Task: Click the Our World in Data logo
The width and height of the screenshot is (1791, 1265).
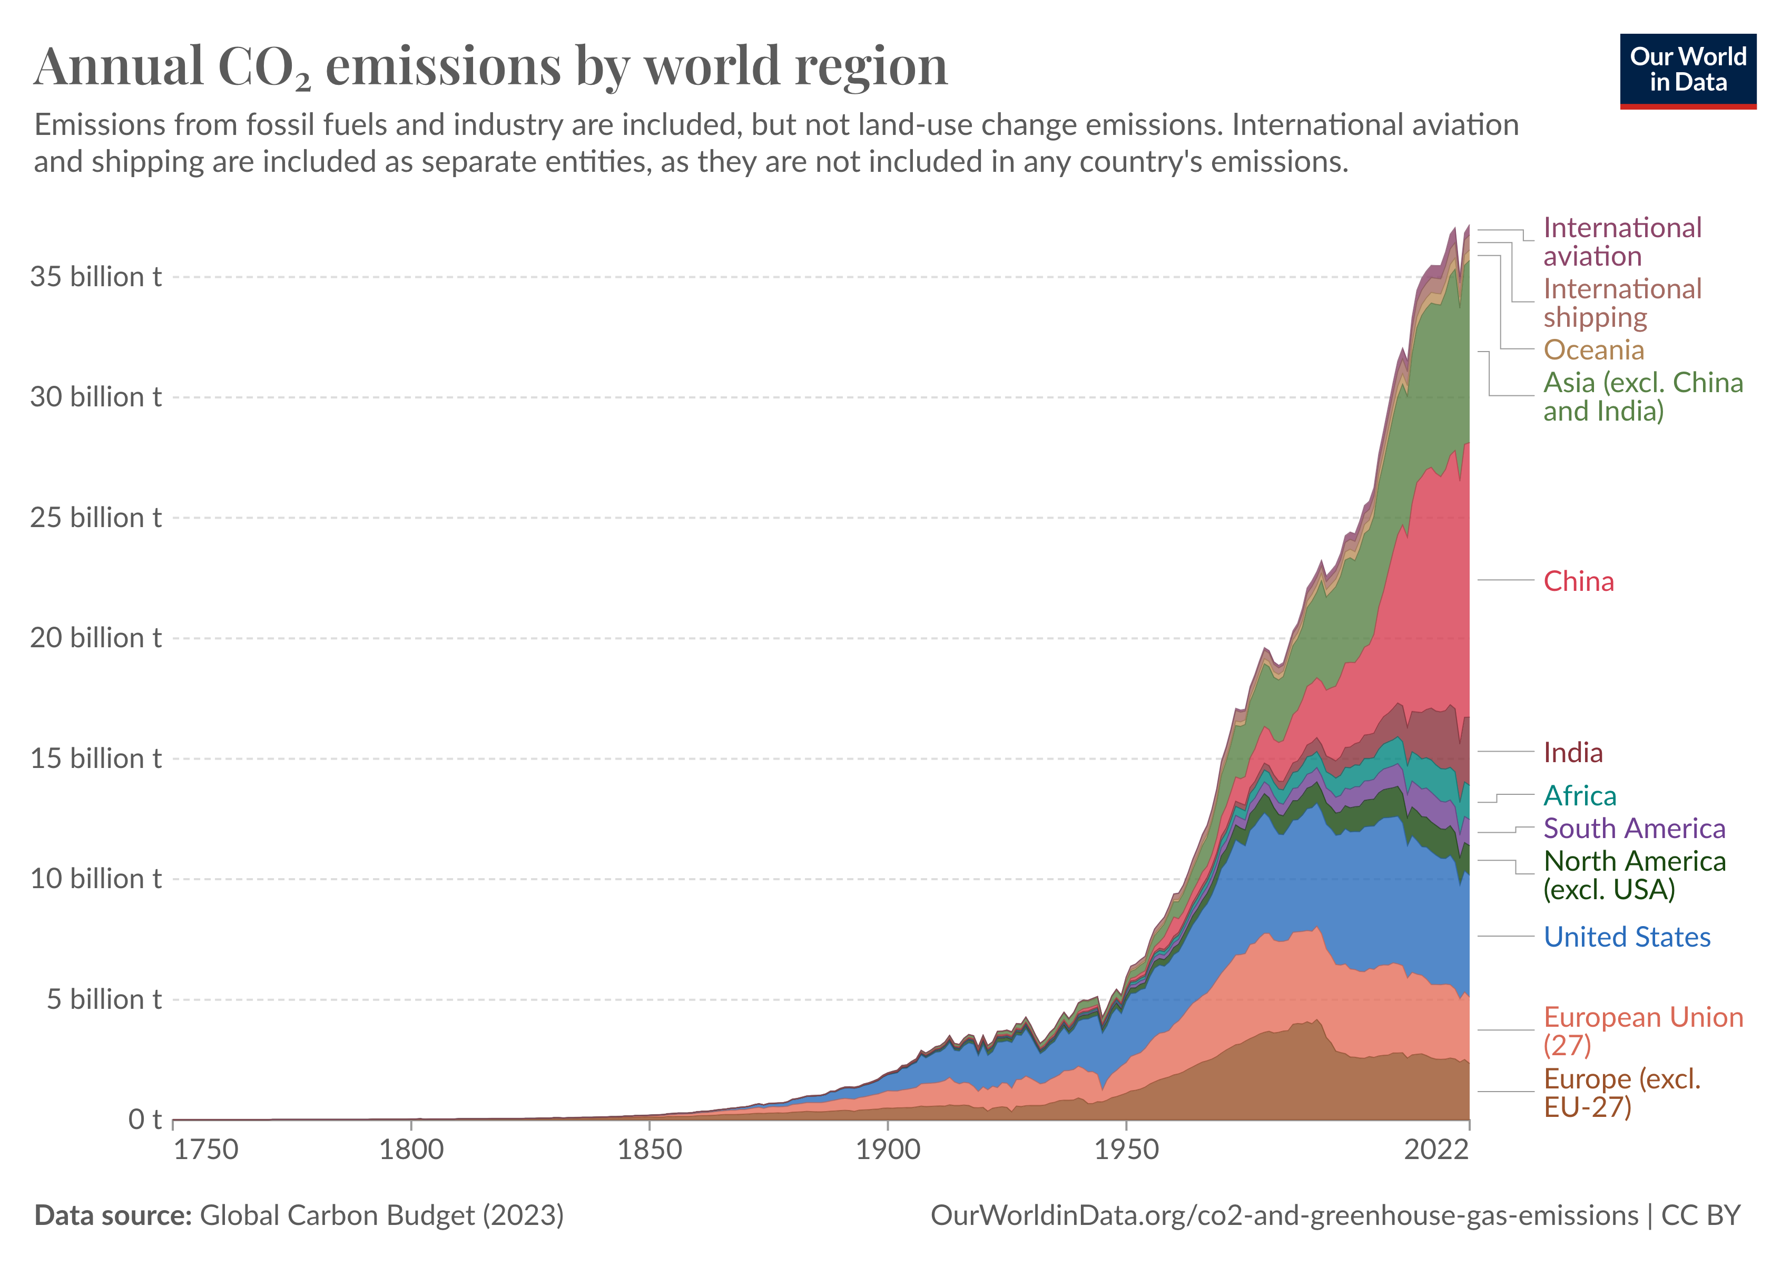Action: [1687, 70]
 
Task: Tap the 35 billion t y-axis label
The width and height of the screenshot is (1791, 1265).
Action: [96, 277]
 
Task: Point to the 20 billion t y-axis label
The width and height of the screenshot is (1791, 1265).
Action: [96, 638]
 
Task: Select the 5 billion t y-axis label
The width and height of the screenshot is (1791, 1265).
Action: [104, 1000]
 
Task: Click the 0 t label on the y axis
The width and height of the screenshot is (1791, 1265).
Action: [145, 1120]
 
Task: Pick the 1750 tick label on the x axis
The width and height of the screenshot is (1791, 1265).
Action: [205, 1150]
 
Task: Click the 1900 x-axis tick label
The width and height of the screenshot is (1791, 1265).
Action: [888, 1150]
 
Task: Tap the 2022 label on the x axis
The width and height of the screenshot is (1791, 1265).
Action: [1436, 1150]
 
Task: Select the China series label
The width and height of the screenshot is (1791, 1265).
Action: [1578, 581]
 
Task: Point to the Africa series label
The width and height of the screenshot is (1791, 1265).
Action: [1580, 796]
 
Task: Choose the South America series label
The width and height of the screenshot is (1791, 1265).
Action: [1634, 829]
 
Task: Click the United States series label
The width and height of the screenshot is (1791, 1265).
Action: [1627, 937]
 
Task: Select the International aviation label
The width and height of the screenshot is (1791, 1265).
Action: [1622, 242]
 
